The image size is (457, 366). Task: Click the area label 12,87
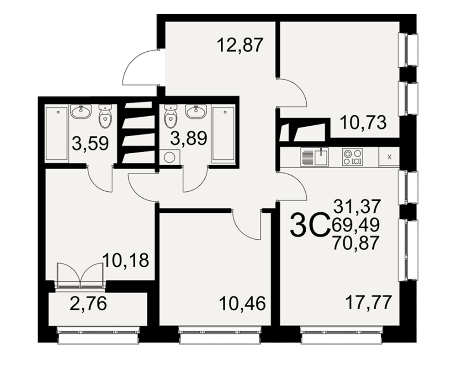[x=240, y=45]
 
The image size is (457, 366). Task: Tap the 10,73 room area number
[x=363, y=122]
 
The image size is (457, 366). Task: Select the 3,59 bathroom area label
[x=90, y=144]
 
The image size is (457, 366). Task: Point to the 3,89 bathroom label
[x=189, y=138]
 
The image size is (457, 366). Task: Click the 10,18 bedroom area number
[x=126, y=260]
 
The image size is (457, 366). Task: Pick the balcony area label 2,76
[x=89, y=303]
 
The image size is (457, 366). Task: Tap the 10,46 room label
[x=243, y=303]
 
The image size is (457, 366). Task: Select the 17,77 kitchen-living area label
[x=368, y=302]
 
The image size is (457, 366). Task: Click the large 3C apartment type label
[x=309, y=224]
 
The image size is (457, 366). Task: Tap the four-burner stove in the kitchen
[x=353, y=157]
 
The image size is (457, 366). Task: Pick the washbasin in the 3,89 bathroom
[x=196, y=112]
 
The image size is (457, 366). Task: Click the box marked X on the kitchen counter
[x=389, y=157]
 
